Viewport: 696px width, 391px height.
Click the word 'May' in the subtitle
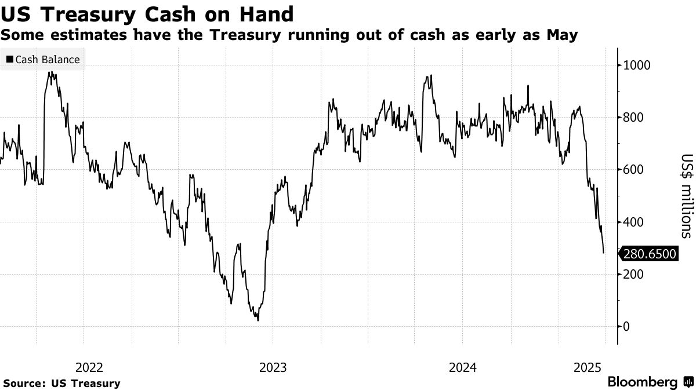[562, 35]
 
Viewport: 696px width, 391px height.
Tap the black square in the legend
[10, 59]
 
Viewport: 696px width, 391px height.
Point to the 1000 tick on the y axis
[636, 65]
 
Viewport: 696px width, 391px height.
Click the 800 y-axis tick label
[633, 117]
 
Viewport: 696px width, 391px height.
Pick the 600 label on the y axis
[633, 170]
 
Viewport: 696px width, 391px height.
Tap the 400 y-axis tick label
[633, 222]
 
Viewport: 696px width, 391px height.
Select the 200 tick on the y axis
[633, 274]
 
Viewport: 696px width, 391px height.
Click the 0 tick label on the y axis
[626, 326]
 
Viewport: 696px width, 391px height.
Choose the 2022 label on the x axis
[89, 367]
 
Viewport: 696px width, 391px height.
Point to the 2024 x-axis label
[462, 367]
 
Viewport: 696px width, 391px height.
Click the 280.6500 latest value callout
[649, 254]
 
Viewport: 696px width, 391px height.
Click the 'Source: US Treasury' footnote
[61, 383]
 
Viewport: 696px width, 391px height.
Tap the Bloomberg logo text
[642, 382]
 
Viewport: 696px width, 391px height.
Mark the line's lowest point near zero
[258, 320]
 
